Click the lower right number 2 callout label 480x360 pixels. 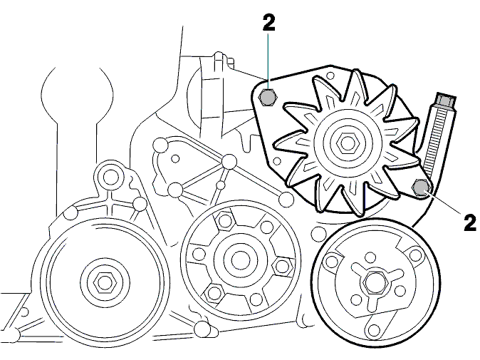470,222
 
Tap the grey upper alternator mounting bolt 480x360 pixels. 268,98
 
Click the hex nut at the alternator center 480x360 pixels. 346,142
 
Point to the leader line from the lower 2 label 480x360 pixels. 444,202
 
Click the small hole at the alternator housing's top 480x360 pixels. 330,76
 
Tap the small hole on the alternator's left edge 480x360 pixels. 277,160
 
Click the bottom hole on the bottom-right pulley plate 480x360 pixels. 374,329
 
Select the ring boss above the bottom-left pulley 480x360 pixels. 108,177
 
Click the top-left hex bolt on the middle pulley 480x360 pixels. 226,220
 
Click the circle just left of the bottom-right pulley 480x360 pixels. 318,233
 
